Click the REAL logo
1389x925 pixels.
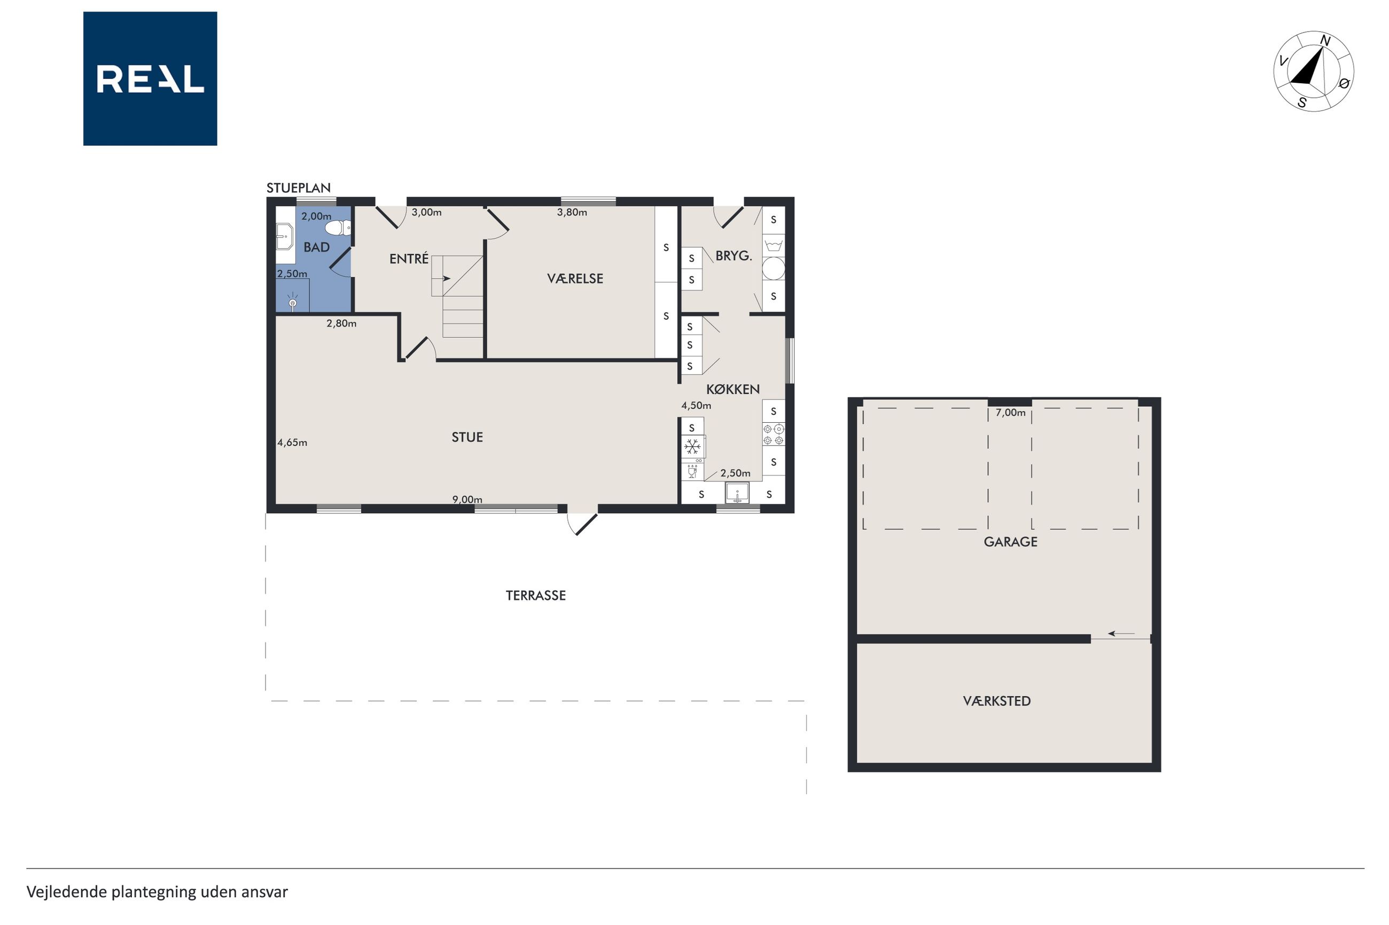(150, 78)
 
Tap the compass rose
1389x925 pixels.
(1314, 72)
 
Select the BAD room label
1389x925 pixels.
(316, 247)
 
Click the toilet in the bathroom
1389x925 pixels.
(338, 228)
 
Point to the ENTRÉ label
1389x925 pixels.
(409, 258)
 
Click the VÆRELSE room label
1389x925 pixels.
(575, 279)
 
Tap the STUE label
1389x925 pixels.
(467, 437)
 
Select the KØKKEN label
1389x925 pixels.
(733, 389)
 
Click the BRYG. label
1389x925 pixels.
(733, 256)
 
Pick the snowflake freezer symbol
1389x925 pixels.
(692, 447)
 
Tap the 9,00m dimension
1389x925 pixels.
(467, 500)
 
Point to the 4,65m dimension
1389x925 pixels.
(292, 442)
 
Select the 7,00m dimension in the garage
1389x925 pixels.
(1011, 413)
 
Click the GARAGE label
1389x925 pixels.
(1011, 542)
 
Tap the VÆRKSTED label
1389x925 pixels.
(997, 701)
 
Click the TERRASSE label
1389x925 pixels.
(535, 595)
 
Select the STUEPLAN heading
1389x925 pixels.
(298, 187)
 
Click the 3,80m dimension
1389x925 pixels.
(572, 212)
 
